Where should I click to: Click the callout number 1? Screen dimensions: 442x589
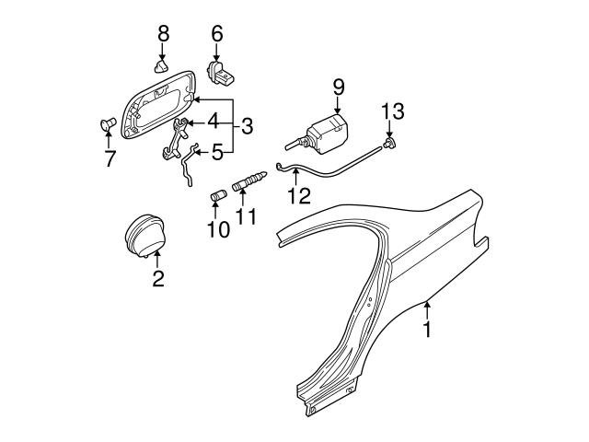pos(427,327)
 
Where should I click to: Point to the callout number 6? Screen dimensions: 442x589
pos(217,33)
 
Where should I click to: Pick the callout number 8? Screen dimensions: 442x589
pos(163,33)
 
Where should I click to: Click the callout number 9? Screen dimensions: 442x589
pos(338,87)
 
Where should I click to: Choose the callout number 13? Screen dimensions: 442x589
pos(393,111)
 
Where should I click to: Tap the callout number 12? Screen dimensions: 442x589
pos(297,196)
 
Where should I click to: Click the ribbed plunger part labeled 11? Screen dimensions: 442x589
pos(248,185)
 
